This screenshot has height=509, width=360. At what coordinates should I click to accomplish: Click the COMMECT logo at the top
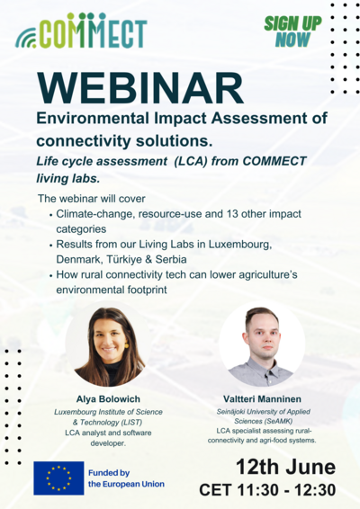(81, 31)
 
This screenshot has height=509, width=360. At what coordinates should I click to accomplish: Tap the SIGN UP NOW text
(292, 31)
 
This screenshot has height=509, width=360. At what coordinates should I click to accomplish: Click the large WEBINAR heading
(140, 88)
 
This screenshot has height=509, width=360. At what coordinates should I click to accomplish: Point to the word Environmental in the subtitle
(93, 119)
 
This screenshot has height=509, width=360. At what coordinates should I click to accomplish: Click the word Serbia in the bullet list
(171, 259)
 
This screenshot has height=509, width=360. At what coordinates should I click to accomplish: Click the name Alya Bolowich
(108, 399)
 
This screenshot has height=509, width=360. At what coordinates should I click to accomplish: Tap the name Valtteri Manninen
(262, 399)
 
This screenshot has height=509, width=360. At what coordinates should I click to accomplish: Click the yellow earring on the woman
(126, 344)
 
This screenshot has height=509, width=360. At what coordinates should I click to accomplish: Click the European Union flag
(58, 478)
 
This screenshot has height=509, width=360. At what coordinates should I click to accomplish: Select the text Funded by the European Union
(126, 478)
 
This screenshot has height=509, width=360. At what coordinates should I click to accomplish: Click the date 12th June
(285, 467)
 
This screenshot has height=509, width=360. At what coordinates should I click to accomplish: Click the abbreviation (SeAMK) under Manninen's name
(277, 422)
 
